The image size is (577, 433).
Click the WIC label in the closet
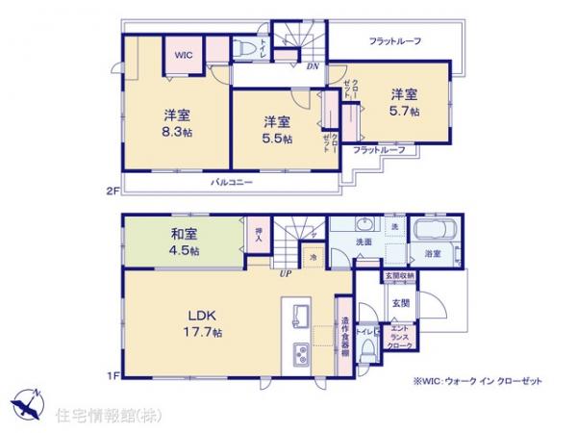[183, 56]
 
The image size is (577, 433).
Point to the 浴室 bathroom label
[432, 254]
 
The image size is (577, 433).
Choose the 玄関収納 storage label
[400, 276]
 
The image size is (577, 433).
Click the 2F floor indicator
[112, 191]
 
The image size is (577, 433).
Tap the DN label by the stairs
[313, 66]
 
